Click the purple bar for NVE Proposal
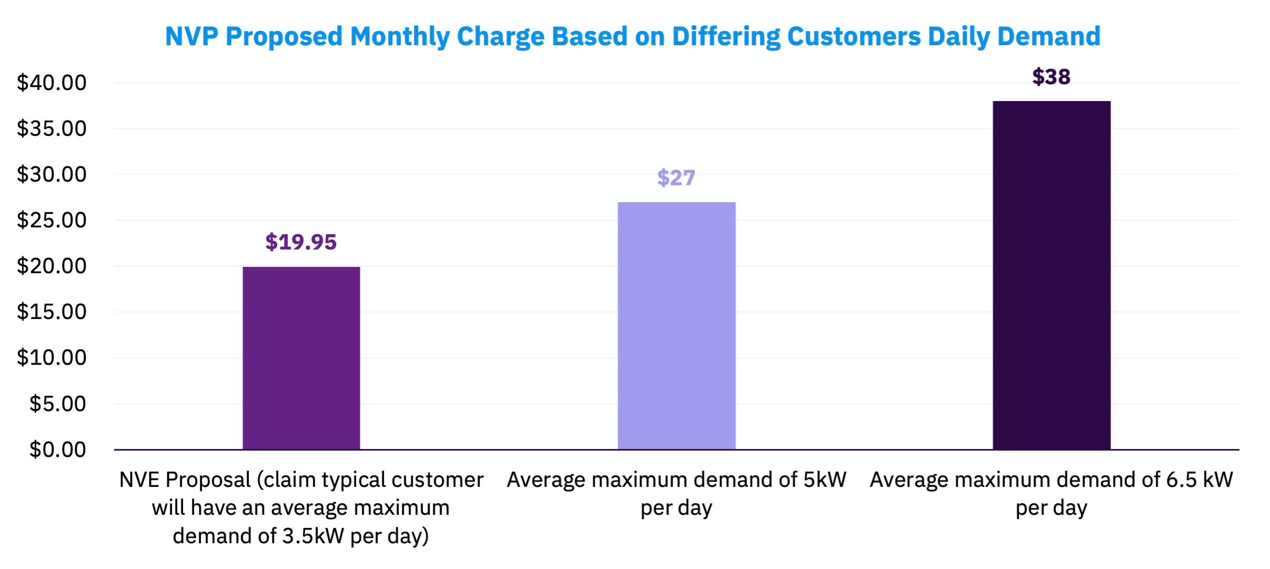coord(301,358)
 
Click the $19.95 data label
coord(301,242)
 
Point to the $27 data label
coord(676,178)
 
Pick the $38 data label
coord(1051,77)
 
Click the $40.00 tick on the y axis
coord(52,83)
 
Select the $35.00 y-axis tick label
coord(52,128)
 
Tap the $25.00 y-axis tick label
coord(52,220)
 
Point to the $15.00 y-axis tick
coord(52,312)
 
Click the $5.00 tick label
coord(57,404)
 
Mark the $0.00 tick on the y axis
coord(57,450)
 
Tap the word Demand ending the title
coord(1049,36)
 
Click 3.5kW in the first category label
coord(313,536)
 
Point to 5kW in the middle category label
coord(824,480)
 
